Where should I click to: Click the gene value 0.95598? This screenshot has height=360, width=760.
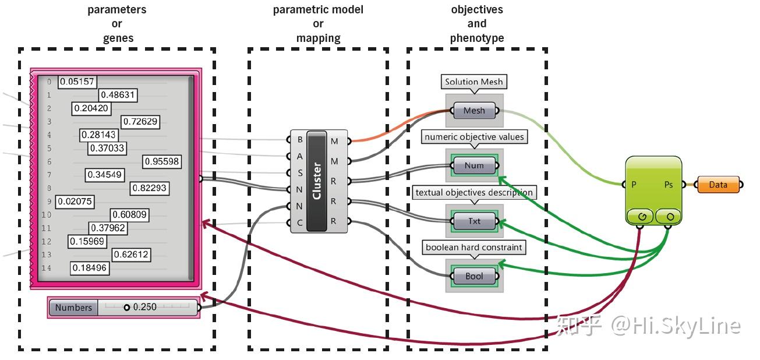(162, 161)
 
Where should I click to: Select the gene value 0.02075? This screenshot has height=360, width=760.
(75, 202)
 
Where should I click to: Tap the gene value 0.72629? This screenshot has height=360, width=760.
(140, 121)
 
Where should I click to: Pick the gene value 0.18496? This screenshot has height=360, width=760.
(90, 268)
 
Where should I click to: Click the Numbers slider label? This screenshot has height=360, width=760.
(73, 308)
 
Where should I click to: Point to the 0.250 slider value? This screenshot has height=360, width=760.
(144, 307)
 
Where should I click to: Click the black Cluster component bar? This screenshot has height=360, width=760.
(317, 181)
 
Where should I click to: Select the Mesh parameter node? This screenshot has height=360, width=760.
(474, 111)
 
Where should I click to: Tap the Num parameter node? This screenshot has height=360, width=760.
(474, 165)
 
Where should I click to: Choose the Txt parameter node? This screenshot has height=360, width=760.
(474, 221)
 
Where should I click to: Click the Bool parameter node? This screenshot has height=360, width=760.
(474, 276)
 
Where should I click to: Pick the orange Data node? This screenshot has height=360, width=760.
(717, 185)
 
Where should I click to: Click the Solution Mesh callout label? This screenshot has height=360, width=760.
(473, 82)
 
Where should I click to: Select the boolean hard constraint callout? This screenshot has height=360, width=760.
(473, 248)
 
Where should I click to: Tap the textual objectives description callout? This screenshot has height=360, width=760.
(473, 192)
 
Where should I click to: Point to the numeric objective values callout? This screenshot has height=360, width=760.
(474, 137)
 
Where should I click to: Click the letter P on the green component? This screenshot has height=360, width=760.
(633, 185)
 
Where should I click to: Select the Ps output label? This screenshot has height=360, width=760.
(669, 185)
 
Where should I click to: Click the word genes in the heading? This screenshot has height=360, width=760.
(116, 38)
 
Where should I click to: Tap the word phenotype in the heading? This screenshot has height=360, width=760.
(476, 38)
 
